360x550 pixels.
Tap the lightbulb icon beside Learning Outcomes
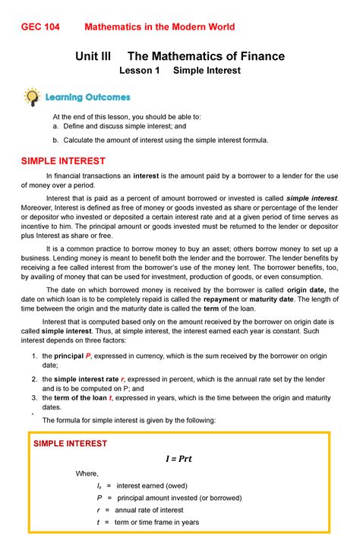coord(31,96)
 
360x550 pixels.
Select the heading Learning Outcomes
coord(87,97)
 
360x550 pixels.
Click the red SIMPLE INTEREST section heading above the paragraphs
coord(63,161)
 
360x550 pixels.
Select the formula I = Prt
coord(180,459)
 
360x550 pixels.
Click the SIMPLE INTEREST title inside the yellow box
coord(68,443)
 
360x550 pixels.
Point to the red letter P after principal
coord(88,356)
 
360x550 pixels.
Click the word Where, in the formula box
coord(87,474)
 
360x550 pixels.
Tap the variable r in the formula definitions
coord(99,510)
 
